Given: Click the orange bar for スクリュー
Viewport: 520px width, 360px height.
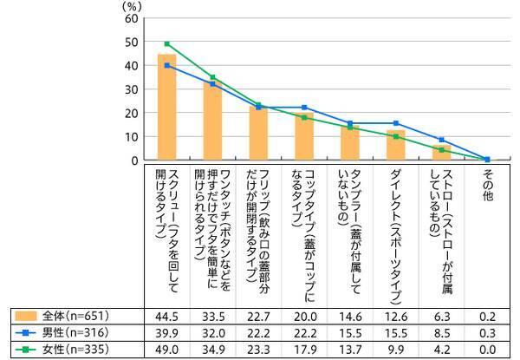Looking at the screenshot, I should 166,108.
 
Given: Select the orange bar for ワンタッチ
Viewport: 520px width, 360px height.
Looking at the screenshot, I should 212,121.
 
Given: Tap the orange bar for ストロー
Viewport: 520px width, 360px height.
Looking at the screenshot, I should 442,154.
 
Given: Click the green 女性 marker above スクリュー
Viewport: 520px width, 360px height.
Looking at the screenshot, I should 166,43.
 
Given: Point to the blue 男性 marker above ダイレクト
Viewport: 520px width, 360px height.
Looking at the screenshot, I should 396,123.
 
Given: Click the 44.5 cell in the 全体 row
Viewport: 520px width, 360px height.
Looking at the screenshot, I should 166,314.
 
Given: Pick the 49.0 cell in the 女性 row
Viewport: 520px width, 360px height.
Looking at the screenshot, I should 166,349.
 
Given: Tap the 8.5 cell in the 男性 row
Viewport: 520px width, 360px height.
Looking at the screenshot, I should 442,331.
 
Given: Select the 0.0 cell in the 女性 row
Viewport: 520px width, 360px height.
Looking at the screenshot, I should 487,349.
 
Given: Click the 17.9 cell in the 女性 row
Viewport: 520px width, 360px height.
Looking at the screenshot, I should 304,349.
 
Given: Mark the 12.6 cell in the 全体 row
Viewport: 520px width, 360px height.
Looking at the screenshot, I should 396,314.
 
